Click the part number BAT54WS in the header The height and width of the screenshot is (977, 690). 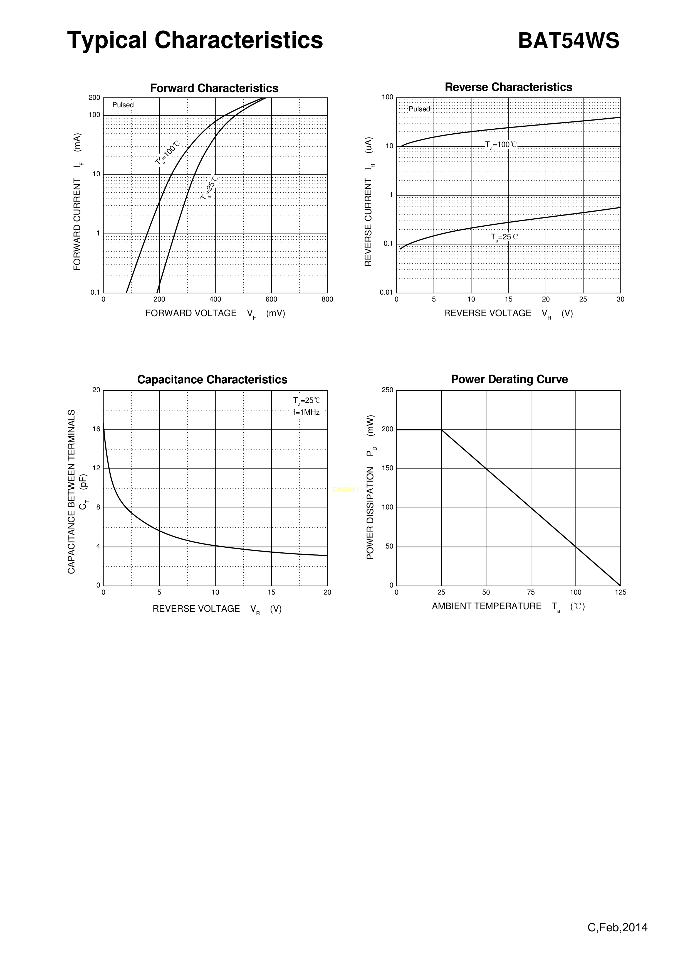coord(568,41)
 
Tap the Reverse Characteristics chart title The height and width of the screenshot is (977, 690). coord(508,87)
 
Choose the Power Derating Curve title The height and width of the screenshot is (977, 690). coord(509,379)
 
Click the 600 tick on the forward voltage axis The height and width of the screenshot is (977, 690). coord(271,300)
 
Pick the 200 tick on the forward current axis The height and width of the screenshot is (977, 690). coord(94,98)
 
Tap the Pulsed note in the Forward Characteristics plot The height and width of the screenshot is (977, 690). coord(123,105)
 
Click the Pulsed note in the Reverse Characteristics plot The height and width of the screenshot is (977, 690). coord(419,109)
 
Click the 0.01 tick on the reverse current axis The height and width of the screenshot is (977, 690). coord(387,292)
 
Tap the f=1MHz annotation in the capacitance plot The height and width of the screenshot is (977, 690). coord(306,412)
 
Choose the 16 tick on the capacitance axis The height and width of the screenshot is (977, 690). coord(97,429)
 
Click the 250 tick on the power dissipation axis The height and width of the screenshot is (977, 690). coord(387,390)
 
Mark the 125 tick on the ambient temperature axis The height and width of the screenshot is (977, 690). coord(620,592)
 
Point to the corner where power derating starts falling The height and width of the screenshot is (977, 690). coord(441,430)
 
